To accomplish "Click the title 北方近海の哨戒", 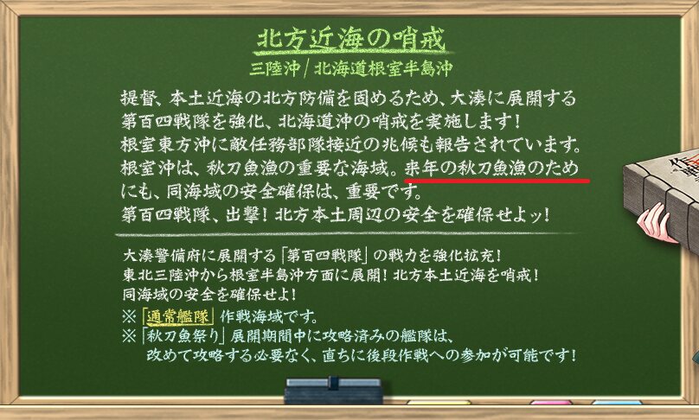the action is point(352,39).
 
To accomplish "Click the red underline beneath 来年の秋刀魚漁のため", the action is point(497,181).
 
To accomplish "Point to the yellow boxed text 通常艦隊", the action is point(177,317).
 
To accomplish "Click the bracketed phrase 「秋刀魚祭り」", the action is point(183,336).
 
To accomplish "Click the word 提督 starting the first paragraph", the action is point(138,99).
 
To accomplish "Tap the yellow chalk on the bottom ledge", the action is point(439,403).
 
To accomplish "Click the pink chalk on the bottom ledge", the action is point(550,403).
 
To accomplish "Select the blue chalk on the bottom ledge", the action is point(617,403).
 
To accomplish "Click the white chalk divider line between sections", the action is point(348,234).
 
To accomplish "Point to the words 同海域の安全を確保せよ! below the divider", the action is point(209,295).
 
